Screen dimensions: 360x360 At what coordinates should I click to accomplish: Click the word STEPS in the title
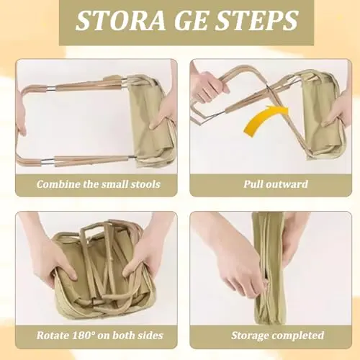(256, 21)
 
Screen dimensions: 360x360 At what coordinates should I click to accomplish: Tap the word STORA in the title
(121, 21)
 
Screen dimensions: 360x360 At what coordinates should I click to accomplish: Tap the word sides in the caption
(150, 336)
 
